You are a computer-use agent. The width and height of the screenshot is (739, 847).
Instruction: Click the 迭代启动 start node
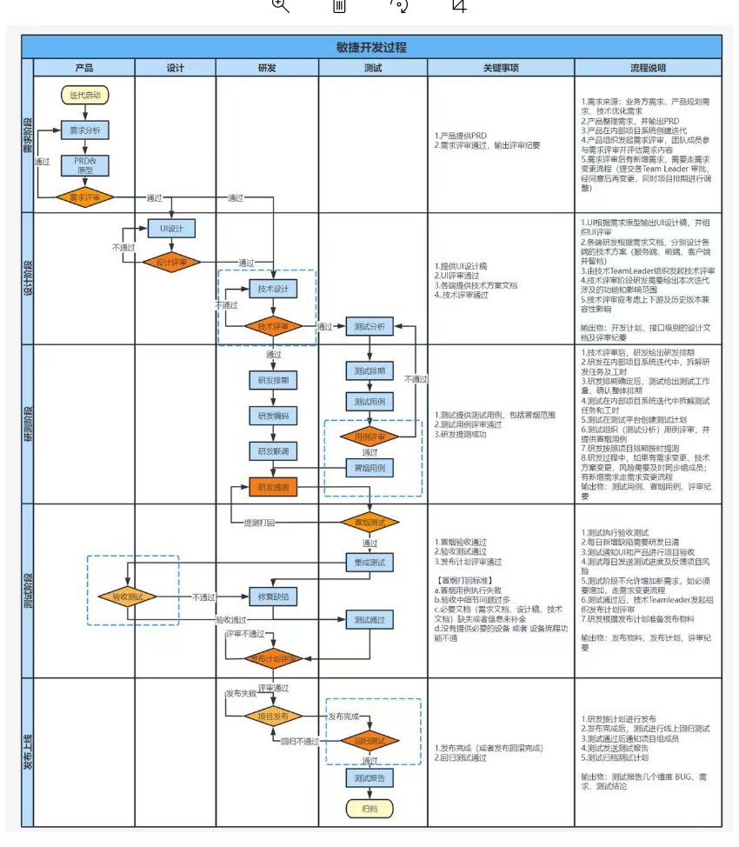point(85,94)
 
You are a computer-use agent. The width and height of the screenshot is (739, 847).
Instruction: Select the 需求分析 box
point(85,130)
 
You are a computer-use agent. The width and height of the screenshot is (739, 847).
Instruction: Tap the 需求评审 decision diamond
point(85,197)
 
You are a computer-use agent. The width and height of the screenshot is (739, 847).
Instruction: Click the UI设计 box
point(171,228)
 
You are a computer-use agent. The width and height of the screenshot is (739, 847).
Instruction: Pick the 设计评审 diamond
point(171,262)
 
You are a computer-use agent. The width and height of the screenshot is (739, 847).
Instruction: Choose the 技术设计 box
point(273,289)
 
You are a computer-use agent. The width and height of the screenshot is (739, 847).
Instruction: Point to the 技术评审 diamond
point(273,327)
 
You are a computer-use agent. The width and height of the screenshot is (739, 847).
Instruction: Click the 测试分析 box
point(370,327)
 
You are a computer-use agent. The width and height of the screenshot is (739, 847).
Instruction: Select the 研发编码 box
point(273,415)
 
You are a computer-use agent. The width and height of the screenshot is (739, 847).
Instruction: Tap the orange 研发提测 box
point(273,487)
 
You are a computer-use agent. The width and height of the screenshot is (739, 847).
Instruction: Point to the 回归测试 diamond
point(370,741)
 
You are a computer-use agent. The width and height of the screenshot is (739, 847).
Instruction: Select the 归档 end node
point(370,808)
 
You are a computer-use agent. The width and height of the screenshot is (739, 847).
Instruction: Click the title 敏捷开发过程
point(371,47)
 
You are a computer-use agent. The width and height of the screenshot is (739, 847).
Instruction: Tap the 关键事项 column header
point(501,68)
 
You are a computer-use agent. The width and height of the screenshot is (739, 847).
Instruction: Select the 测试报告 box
point(370,777)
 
